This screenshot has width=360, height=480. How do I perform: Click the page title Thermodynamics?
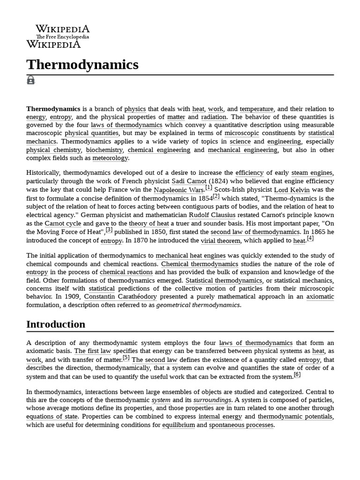(82, 65)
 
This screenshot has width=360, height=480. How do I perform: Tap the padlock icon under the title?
(30, 80)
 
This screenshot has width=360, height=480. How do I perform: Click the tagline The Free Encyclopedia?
(62, 37)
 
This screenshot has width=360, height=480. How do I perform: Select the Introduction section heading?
(56, 324)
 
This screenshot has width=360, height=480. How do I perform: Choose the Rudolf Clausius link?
(212, 215)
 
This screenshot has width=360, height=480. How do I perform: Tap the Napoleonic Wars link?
(179, 190)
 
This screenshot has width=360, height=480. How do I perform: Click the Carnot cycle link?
(63, 224)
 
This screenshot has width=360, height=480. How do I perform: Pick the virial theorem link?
(221, 240)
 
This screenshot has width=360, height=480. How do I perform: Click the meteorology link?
(110, 158)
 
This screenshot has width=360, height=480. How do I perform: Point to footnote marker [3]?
(109, 230)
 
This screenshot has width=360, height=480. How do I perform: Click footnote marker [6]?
(297, 375)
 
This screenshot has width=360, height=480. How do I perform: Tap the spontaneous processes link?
(241, 425)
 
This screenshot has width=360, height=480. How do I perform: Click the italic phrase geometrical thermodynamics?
(198, 305)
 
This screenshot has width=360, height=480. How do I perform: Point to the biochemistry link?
(105, 150)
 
